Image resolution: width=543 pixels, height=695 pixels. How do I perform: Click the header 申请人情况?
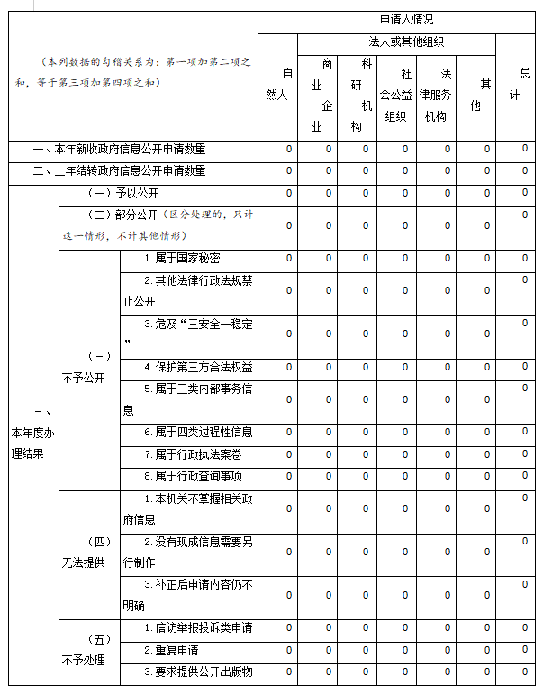(401, 20)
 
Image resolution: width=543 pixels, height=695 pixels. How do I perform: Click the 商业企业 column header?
(317, 95)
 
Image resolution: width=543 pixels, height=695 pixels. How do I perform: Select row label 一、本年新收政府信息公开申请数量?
(119, 149)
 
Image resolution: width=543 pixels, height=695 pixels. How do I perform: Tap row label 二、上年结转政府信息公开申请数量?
(119, 170)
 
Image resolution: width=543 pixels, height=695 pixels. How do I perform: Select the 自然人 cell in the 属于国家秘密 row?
(288, 258)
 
